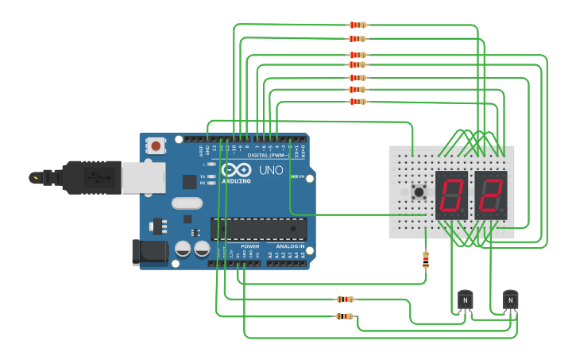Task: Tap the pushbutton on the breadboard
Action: click(419, 192)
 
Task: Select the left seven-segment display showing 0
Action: click(451, 195)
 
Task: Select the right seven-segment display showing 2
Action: click(491, 195)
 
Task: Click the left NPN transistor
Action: click(465, 300)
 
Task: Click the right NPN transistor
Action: click(510, 300)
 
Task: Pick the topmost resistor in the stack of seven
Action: click(358, 25)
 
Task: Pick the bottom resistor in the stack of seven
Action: click(358, 101)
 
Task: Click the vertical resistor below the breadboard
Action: click(426, 259)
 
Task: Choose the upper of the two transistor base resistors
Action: click(345, 300)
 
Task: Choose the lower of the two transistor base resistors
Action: click(345, 316)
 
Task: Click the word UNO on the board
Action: click(271, 170)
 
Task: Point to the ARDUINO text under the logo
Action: click(237, 181)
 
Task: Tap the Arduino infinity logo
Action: click(236, 170)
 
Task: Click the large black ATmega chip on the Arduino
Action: click(258, 229)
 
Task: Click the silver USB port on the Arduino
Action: click(144, 177)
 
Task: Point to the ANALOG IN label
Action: click(290, 246)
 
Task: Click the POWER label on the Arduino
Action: click(249, 246)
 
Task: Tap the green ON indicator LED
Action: click(292, 176)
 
